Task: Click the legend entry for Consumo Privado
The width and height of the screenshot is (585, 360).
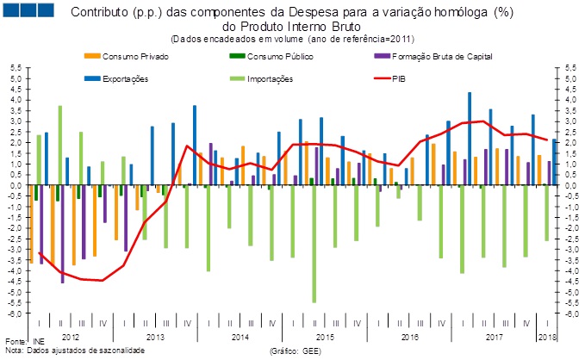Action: (134, 56)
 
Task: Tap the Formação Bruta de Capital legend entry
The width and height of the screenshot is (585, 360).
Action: (438, 56)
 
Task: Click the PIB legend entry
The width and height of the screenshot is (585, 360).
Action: (400, 78)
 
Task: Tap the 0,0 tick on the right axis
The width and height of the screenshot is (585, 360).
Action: (569, 185)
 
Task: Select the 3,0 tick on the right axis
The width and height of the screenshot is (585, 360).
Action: (569, 121)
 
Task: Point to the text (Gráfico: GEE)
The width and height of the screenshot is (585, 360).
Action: (296, 351)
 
